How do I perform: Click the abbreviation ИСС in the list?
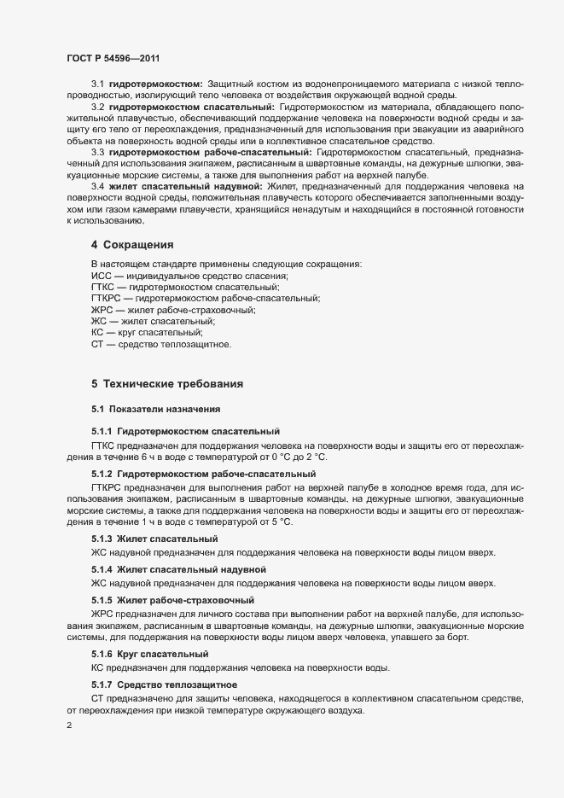click(102, 276)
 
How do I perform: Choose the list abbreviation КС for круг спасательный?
click(97, 333)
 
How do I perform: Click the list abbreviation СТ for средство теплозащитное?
click(96, 344)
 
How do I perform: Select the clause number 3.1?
click(97, 84)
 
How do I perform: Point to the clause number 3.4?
click(97, 186)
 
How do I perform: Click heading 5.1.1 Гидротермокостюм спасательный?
click(185, 433)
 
